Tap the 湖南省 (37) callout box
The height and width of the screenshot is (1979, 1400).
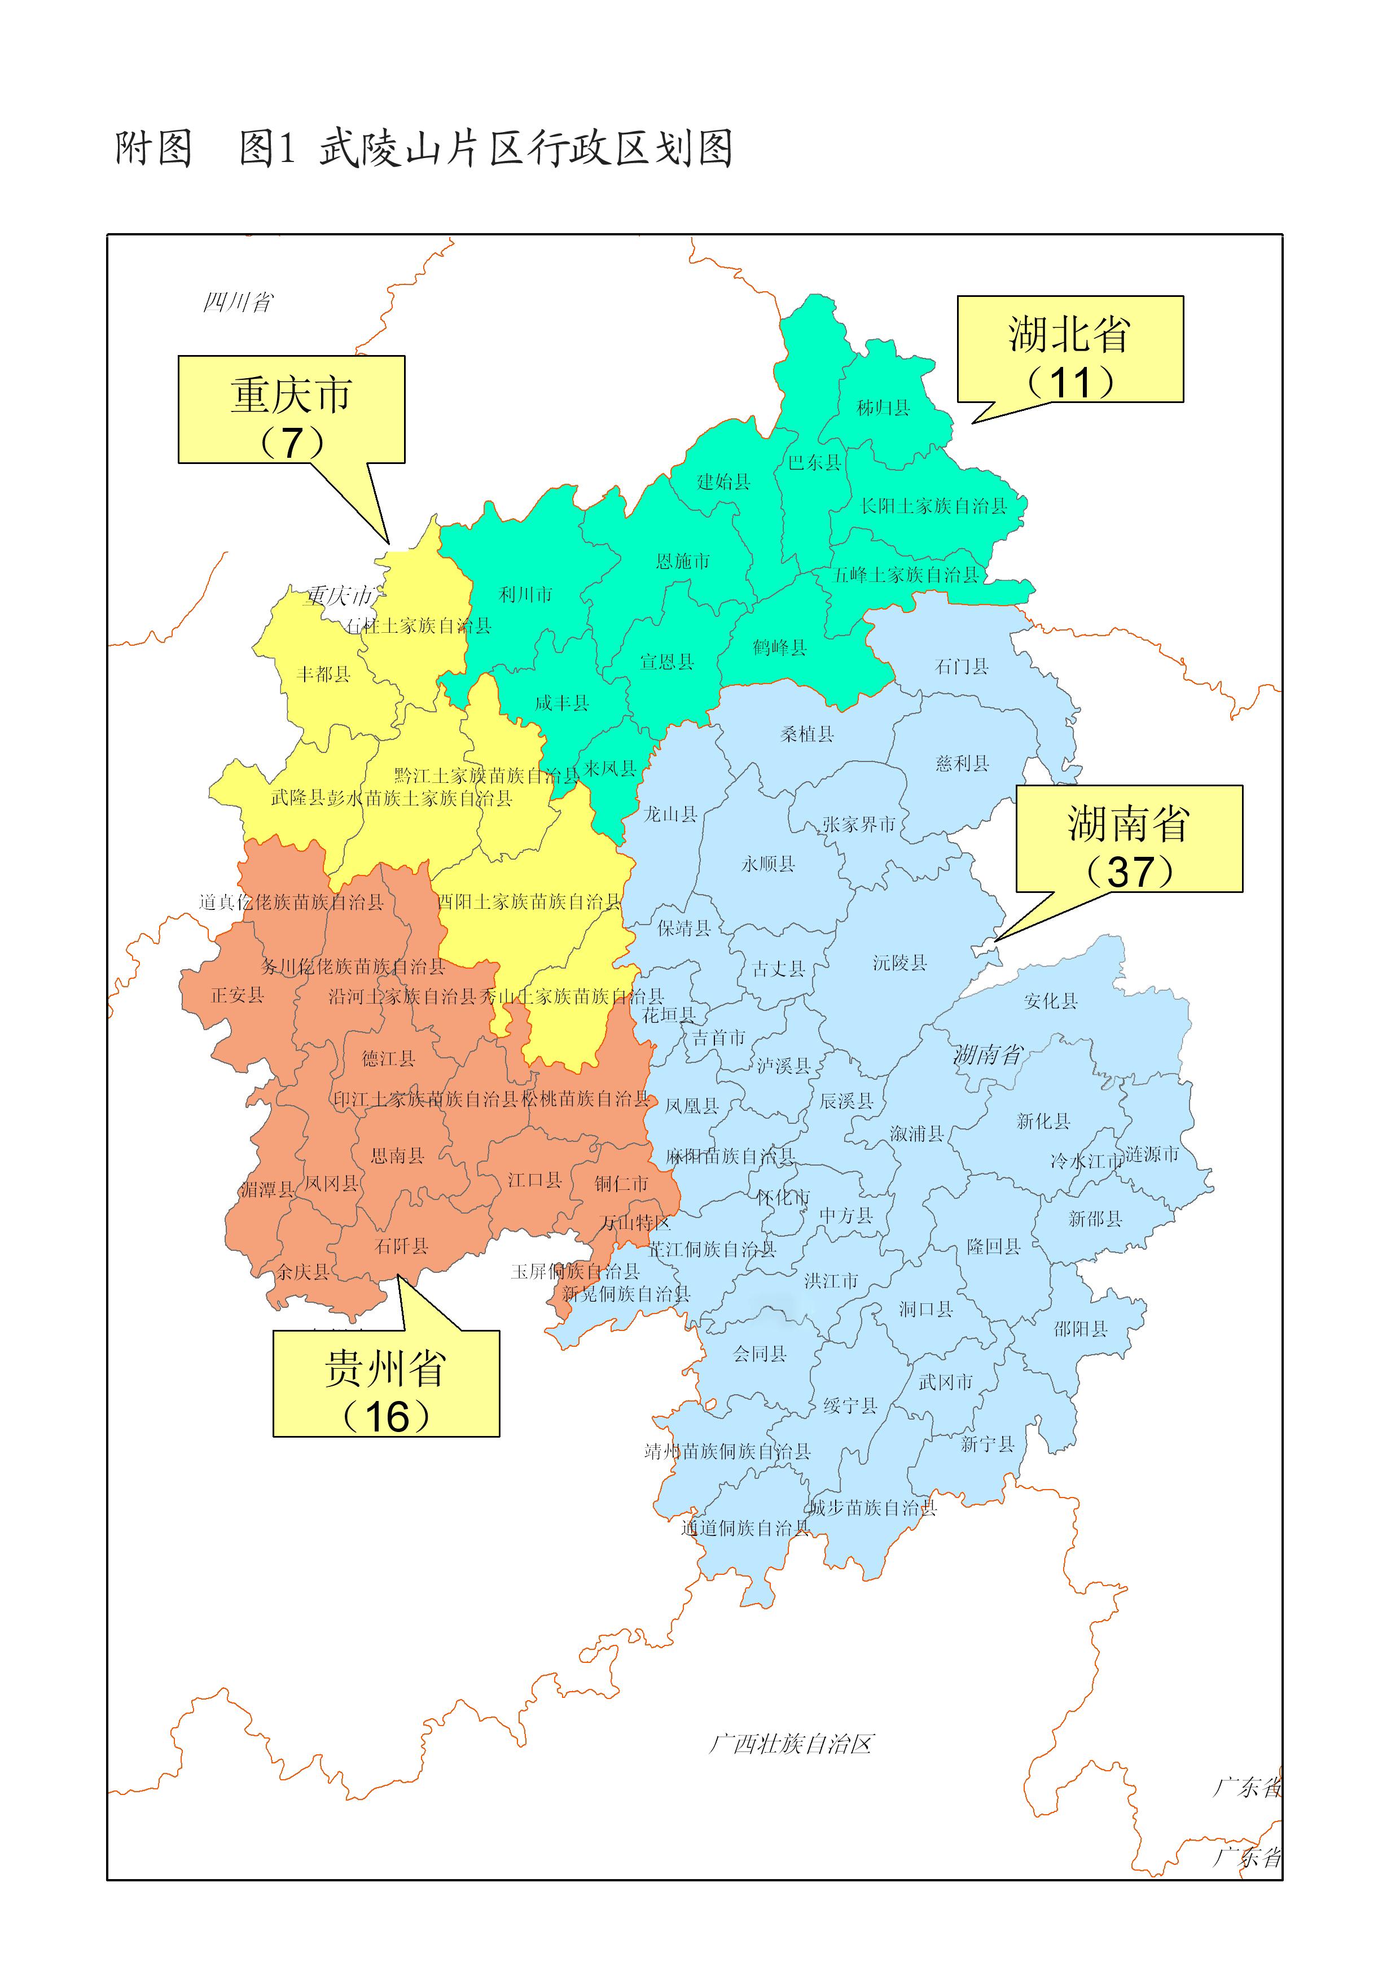pyautogui.click(x=1129, y=838)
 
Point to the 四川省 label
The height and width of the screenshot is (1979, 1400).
pyautogui.click(x=238, y=302)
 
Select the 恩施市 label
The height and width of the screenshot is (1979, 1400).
pyautogui.click(x=683, y=562)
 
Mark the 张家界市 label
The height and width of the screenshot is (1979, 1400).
pyautogui.click(x=859, y=824)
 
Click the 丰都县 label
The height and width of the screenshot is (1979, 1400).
pyautogui.click(x=323, y=675)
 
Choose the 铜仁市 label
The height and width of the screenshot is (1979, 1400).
pyautogui.click(x=621, y=1184)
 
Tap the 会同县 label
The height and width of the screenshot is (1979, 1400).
pyautogui.click(x=760, y=1353)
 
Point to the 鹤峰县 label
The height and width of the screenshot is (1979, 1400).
pyautogui.click(x=779, y=647)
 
